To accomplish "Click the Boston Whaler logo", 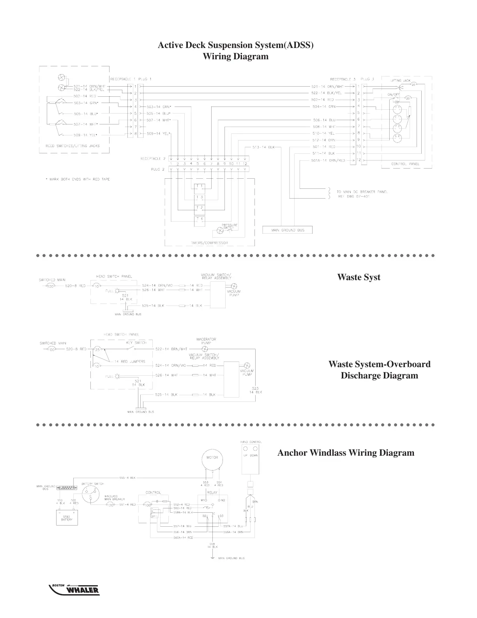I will [74, 590].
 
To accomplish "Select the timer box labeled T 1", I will [200, 186].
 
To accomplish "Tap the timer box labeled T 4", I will [200, 219].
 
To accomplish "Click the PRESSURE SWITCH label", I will [230, 226].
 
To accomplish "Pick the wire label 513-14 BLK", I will [263, 147].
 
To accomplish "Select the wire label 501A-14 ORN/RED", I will [328, 160].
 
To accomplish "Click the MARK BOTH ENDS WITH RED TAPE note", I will [78, 179].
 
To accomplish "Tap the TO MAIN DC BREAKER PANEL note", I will [362, 192].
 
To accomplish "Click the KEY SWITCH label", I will [136, 343].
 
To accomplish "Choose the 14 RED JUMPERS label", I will [130, 361].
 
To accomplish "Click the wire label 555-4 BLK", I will [127, 478].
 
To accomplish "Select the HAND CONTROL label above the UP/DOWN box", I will [251, 442].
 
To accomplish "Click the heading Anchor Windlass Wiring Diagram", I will [346, 453].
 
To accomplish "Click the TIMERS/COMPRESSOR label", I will [209, 243].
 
